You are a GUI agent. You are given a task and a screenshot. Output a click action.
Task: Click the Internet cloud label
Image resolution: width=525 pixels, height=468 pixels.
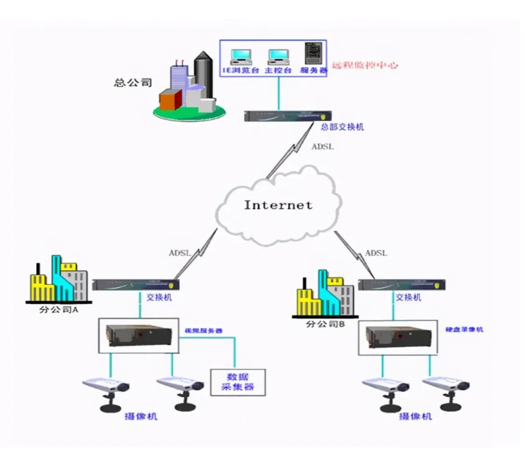point(278,205)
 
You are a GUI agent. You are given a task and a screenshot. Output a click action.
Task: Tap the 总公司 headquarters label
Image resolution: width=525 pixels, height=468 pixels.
point(132,82)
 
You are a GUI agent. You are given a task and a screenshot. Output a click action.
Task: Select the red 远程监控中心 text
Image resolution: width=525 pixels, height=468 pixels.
point(364,65)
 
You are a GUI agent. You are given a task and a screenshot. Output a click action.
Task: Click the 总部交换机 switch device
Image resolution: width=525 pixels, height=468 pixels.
point(287,116)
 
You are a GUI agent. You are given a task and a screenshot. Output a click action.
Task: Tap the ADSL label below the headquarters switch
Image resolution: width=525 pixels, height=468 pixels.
point(323,147)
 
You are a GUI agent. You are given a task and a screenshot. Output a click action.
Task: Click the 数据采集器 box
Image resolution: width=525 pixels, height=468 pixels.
point(238,382)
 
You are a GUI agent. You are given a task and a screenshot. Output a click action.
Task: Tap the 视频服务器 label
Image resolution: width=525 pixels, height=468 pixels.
point(203,330)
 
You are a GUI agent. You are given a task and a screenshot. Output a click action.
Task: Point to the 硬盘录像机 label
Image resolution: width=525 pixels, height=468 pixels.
point(464,330)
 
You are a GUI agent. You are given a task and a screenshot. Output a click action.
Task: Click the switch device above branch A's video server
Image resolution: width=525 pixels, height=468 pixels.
point(135,284)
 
